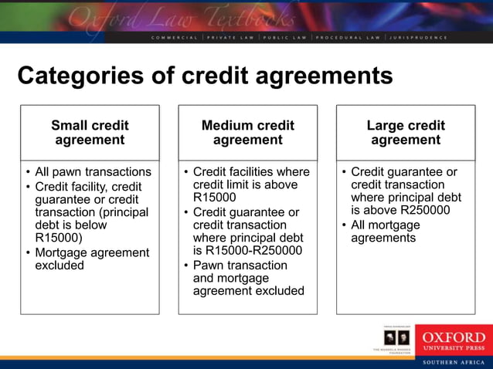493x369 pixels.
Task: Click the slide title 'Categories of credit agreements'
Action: (205, 76)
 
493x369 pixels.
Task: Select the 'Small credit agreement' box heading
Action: (90, 132)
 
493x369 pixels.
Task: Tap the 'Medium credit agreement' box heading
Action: (247, 132)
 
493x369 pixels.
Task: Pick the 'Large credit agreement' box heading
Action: (405, 132)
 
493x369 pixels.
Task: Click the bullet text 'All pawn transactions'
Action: (93, 171)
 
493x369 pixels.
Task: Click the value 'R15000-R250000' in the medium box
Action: (247, 250)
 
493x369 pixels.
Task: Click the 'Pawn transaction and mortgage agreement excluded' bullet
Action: (247, 278)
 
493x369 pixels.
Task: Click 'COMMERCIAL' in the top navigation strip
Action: (176, 37)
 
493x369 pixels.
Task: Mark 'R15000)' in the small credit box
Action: (57, 238)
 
